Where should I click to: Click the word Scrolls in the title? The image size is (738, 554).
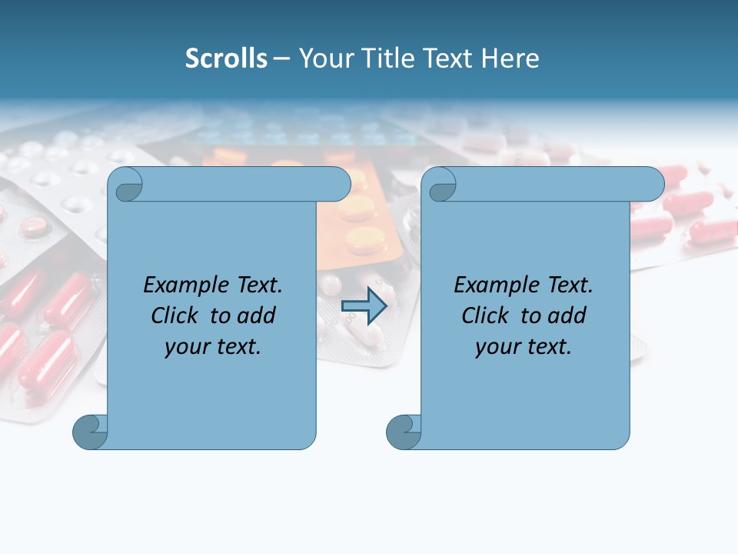(226, 58)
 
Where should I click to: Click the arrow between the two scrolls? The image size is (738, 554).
(364, 305)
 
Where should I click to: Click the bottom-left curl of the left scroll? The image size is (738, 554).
(90, 432)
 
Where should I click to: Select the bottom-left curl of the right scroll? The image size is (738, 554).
(404, 432)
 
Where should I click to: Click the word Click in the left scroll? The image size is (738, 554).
(175, 315)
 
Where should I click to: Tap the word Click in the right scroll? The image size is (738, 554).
(485, 315)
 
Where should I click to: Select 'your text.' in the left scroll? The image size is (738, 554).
(213, 346)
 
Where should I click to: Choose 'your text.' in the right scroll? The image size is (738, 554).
(524, 346)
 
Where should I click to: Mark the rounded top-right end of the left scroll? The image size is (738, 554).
(338, 185)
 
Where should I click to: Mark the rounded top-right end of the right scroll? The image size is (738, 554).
(652, 185)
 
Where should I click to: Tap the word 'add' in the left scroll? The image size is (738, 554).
(258, 315)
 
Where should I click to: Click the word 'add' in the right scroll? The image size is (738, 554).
(568, 315)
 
